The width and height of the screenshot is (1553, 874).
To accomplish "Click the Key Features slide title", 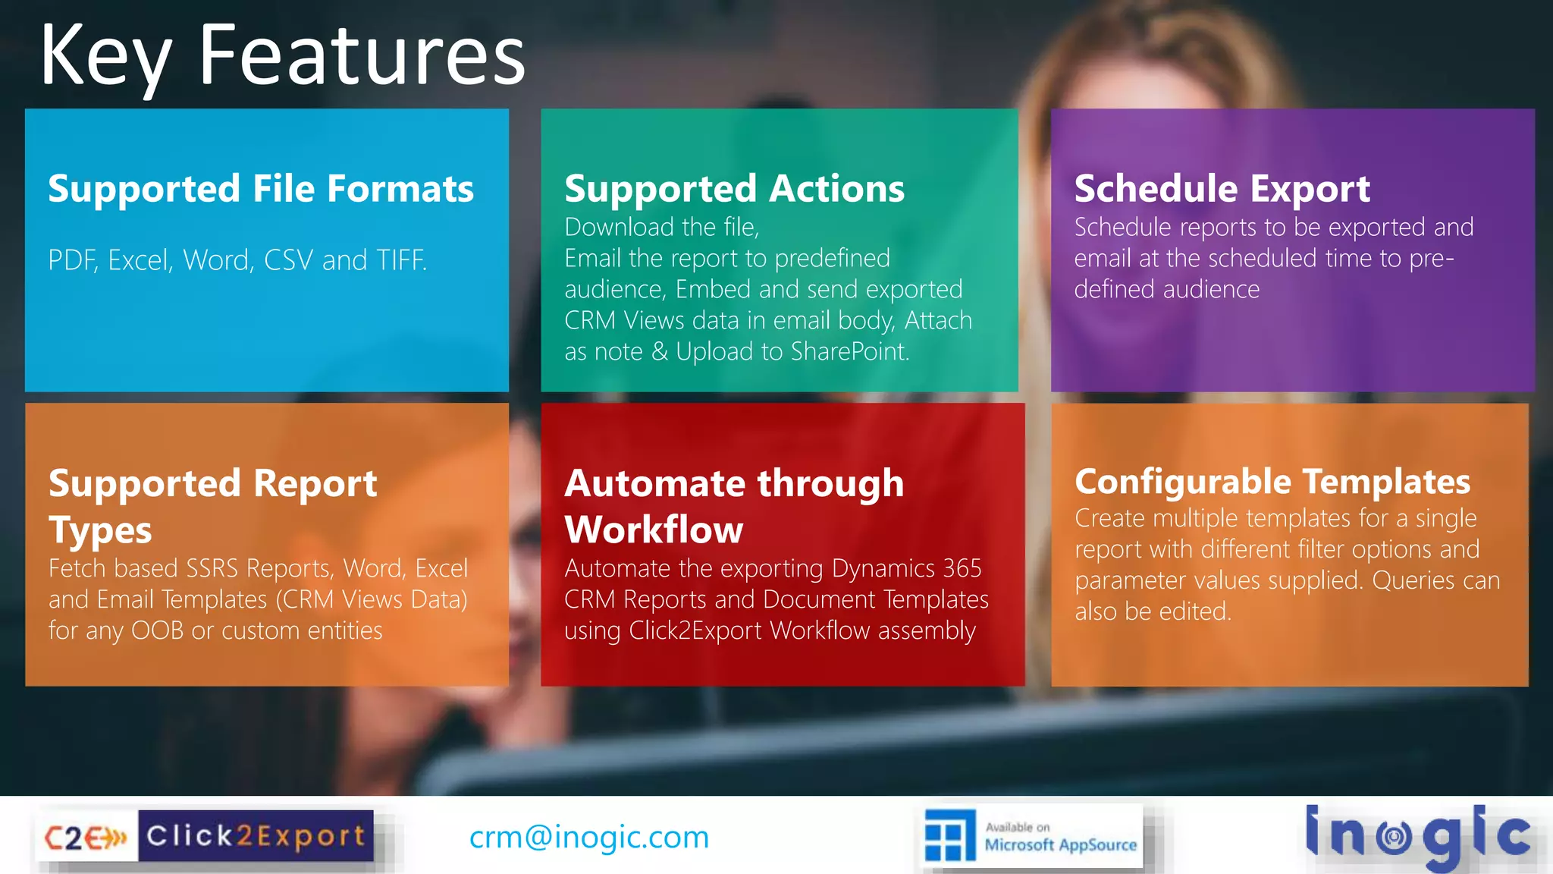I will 282,55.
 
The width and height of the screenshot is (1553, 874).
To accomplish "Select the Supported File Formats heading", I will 261,188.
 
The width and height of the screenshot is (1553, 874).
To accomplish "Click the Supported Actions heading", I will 734,188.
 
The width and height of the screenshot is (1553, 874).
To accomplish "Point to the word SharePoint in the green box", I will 849,351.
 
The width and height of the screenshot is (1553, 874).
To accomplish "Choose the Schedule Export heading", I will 1222,188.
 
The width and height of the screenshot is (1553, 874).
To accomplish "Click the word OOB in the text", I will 157,630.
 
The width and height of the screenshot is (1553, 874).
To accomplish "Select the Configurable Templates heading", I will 1272,481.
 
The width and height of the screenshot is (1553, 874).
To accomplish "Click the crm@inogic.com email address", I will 588,837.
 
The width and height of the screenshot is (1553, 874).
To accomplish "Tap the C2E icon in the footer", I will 86,838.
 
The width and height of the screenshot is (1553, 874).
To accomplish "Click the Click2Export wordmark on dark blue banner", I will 256,836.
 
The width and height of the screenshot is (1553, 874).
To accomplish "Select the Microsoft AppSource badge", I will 1033,836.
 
